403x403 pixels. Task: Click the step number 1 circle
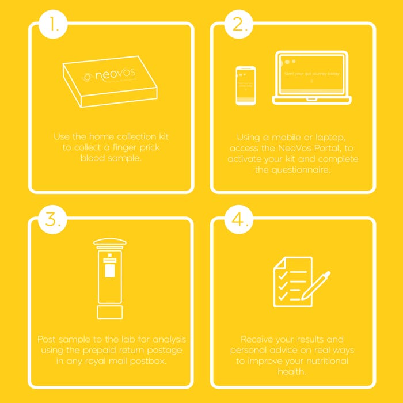53,25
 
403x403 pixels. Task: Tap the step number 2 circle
238,25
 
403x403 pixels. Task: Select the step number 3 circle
53,220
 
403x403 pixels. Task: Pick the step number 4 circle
238,220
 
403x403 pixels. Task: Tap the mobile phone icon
246,85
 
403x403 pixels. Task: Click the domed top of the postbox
110,241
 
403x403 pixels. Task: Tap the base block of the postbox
110,311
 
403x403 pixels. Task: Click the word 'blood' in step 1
94,157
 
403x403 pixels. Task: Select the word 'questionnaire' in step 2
292,170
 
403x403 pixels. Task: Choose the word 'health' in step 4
292,372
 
